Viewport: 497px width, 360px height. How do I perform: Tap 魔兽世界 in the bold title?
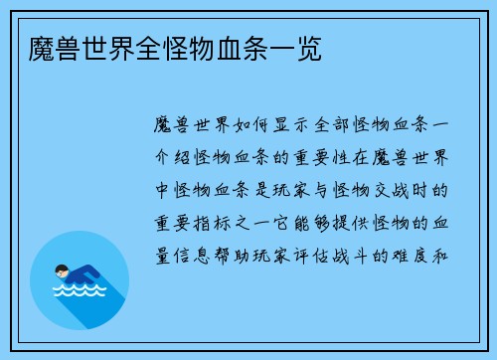click(66, 47)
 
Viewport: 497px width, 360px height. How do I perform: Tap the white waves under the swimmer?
click(80, 294)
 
